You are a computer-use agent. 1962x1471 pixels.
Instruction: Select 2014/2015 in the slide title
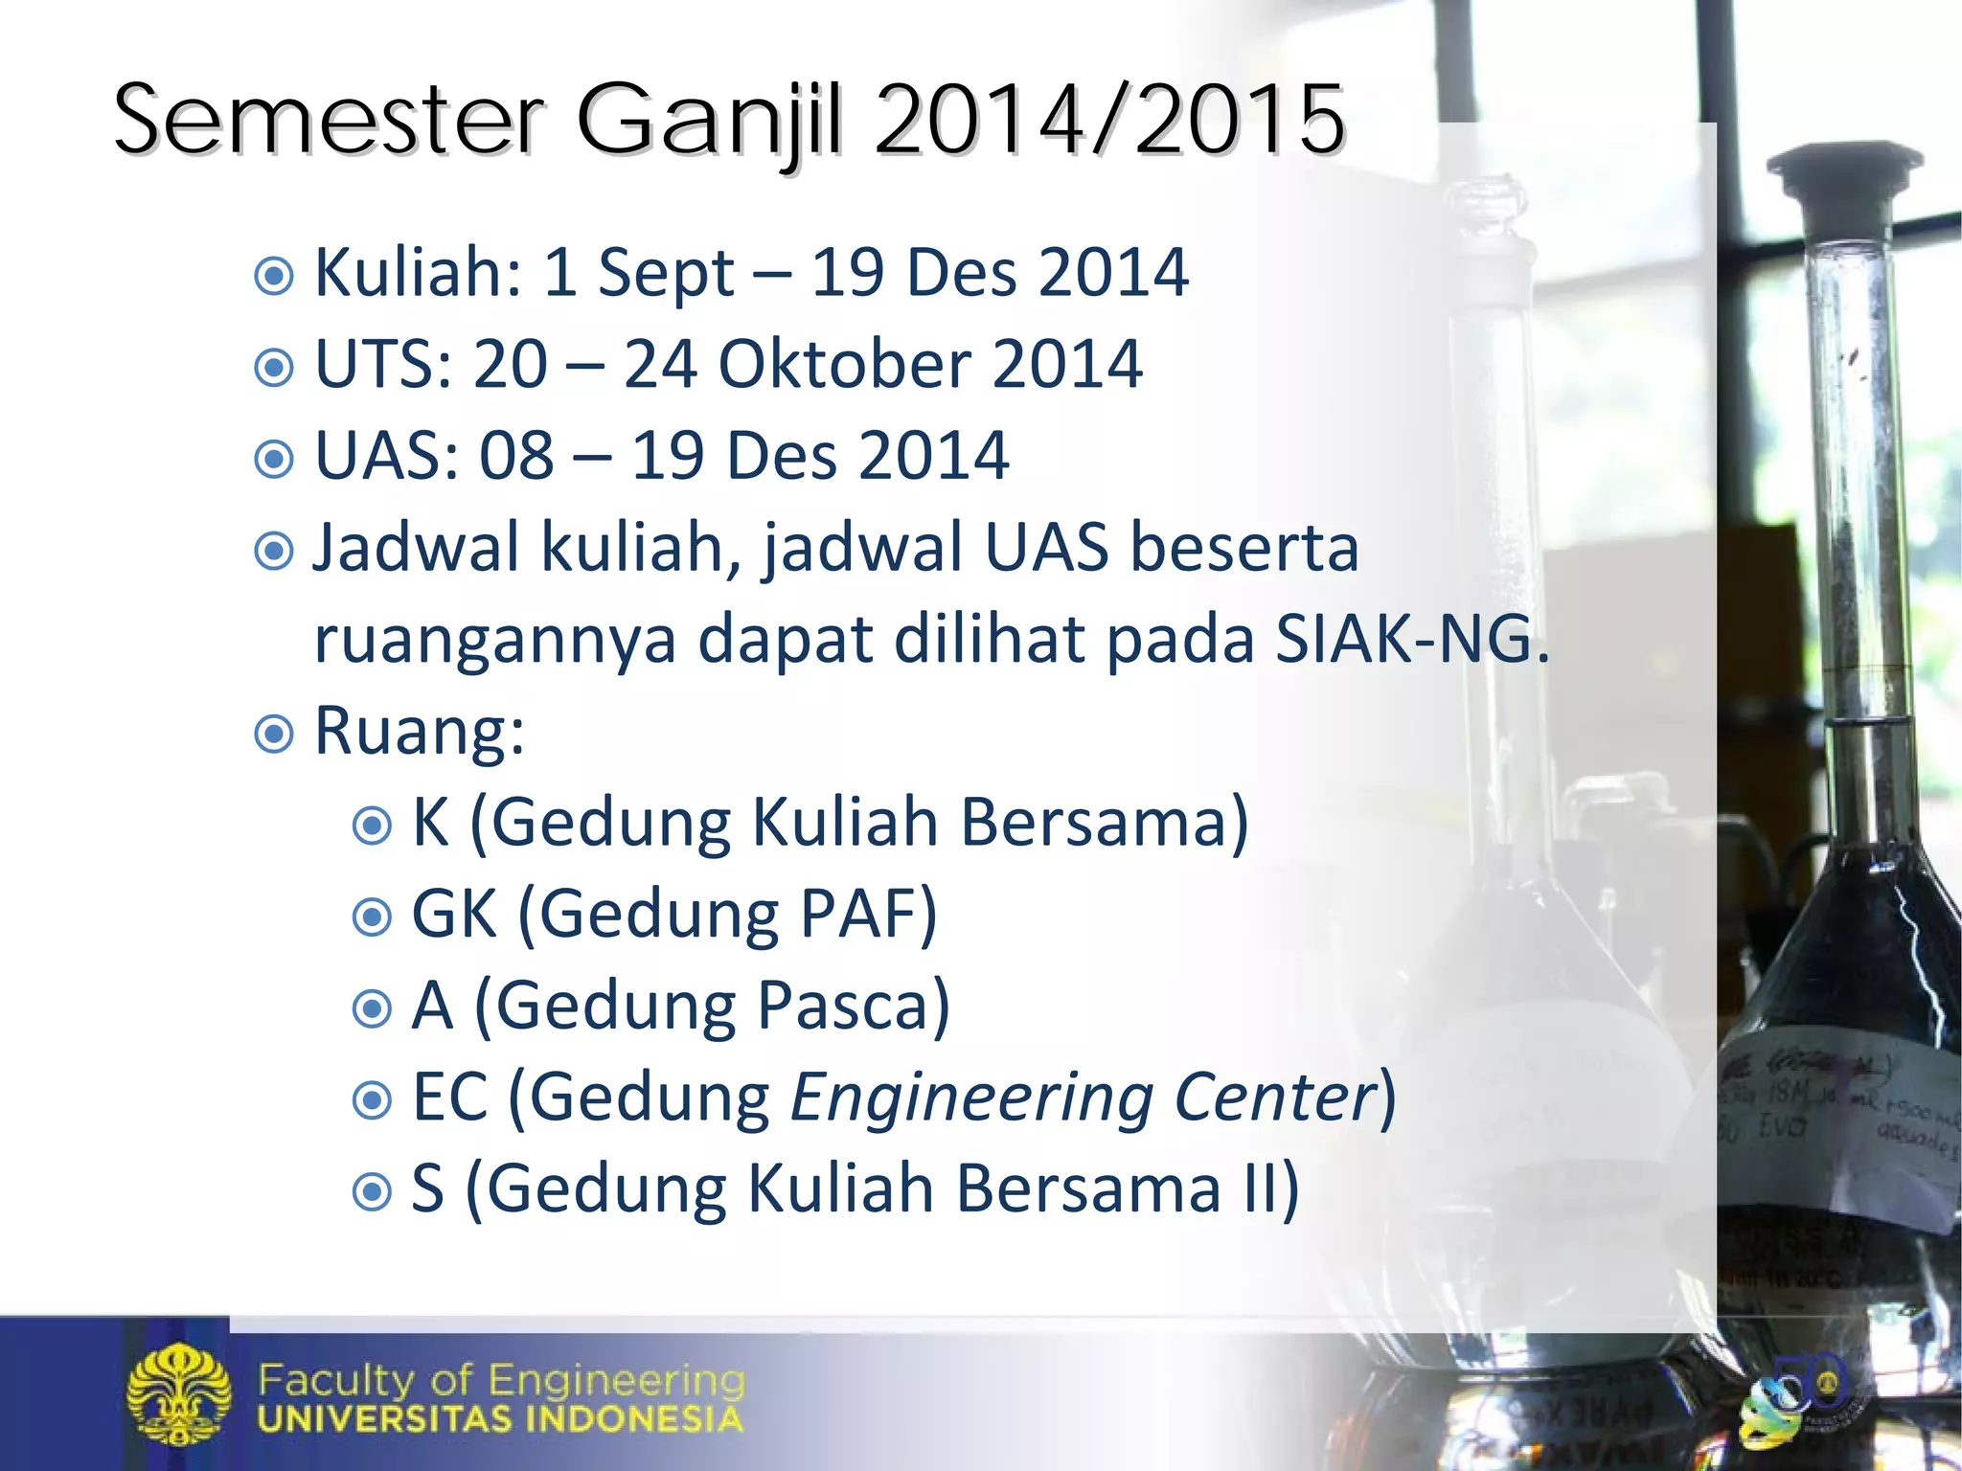pyautogui.click(x=1109, y=122)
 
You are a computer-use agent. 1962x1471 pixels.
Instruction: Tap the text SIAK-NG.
pyautogui.click(x=1411, y=639)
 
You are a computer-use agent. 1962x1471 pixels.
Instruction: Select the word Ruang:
pyautogui.click(x=420, y=733)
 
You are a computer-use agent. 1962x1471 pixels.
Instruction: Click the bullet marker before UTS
pyautogui.click(x=274, y=367)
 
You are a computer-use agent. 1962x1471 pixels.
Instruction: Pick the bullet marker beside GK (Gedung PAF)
pyautogui.click(x=372, y=917)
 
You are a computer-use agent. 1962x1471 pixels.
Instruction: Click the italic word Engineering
pyautogui.click(x=971, y=1098)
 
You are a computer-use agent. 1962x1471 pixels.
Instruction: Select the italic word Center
pyautogui.click(x=1274, y=1098)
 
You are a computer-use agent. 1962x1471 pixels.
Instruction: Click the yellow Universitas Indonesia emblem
pyautogui.click(x=179, y=1393)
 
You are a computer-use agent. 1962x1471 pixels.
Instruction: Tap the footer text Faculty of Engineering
pyautogui.click(x=501, y=1380)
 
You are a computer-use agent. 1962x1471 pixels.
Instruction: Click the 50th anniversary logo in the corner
pyautogui.click(x=1791, y=1397)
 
